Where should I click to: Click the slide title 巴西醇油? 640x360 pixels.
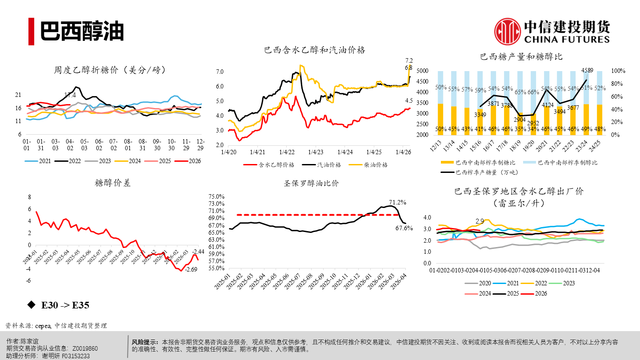[82, 31]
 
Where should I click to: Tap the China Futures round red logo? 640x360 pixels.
[508, 31]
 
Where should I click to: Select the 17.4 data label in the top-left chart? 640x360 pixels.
[70, 95]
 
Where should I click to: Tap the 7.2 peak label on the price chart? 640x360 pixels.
[409, 60]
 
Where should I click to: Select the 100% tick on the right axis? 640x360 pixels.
[618, 71]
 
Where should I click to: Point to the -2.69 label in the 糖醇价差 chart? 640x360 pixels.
[191, 269]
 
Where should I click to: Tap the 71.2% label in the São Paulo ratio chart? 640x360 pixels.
[397, 202]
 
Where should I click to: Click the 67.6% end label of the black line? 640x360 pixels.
[404, 228]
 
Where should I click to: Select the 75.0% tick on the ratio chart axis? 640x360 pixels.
[217, 196]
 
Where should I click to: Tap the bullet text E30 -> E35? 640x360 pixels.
[65, 305]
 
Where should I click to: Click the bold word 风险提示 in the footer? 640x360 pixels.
[145, 342]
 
